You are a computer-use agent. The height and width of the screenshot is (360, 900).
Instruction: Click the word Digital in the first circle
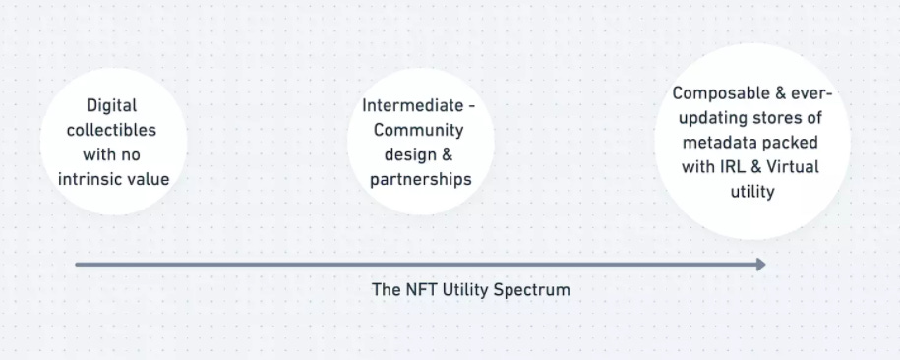point(111,104)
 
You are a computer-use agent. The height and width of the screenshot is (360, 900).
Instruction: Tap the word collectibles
point(111,130)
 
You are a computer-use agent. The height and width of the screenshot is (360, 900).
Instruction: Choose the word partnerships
point(420,179)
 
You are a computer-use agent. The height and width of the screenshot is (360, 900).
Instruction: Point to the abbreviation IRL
point(723,167)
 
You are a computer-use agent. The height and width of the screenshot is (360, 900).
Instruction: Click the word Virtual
point(792,167)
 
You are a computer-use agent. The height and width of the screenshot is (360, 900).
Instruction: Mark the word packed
point(795,143)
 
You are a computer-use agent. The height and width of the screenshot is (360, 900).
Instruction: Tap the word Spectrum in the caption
point(535,290)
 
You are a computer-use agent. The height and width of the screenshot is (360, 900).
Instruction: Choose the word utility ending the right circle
point(752,192)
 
